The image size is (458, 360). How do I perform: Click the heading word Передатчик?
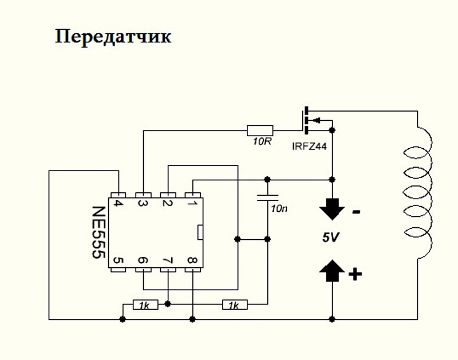click(113, 37)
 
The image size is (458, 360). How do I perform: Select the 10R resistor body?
click(260, 130)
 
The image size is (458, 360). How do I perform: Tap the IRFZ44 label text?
click(309, 147)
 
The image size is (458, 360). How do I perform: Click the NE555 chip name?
click(98, 232)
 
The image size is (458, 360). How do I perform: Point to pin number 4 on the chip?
click(118, 203)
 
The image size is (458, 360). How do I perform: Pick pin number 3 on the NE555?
click(143, 203)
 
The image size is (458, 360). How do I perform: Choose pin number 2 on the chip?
click(167, 203)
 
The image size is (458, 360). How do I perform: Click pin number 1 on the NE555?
click(192, 203)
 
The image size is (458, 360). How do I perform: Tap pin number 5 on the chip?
click(118, 260)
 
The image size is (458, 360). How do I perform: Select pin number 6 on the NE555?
click(143, 260)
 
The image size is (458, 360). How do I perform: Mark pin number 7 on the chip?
click(168, 260)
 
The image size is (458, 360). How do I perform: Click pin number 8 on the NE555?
click(192, 260)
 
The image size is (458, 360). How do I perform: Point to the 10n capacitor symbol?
click(267, 197)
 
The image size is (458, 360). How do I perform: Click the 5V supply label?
click(331, 238)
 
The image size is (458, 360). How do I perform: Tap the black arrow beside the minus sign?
click(332, 209)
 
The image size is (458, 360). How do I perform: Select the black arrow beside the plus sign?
click(332, 271)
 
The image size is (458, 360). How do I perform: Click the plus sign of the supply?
click(355, 274)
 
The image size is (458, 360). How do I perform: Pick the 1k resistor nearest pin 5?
click(145, 305)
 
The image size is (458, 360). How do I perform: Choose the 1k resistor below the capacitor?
click(235, 305)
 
